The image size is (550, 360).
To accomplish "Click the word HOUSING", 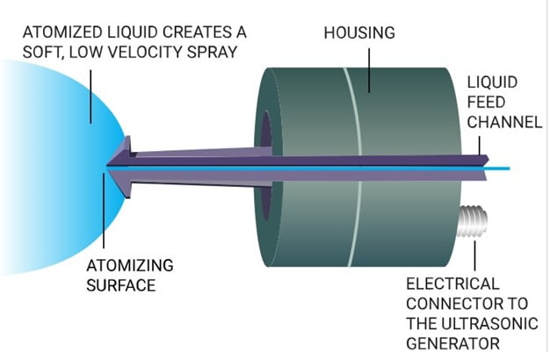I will [x=359, y=34].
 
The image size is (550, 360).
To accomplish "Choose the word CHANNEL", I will [x=504, y=123].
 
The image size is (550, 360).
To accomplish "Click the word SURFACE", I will [x=121, y=284].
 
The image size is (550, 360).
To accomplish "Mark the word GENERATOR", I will [x=451, y=342].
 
